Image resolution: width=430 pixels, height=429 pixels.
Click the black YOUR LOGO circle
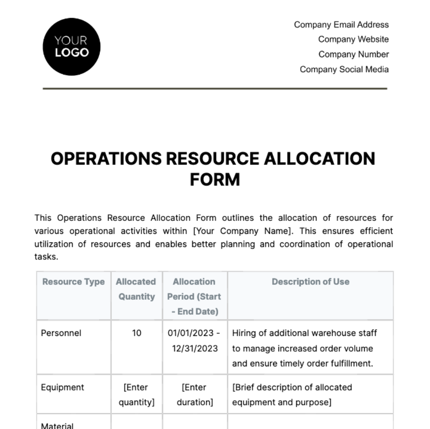coord(71,47)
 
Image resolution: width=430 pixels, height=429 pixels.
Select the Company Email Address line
coord(341,25)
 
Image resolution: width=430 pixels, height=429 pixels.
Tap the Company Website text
coord(353,39)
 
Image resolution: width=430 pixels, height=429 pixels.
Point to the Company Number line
coord(353,54)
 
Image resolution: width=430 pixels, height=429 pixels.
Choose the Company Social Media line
coord(344,69)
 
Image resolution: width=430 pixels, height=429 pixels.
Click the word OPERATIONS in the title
coord(106,159)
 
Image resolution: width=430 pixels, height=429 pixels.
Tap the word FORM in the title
coord(215,180)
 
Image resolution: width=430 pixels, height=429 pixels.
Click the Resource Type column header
coord(73,282)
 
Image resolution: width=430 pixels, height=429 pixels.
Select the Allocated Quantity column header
coord(136,289)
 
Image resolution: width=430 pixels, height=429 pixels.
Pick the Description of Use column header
coord(310,282)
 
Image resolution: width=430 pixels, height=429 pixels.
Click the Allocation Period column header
coord(194,297)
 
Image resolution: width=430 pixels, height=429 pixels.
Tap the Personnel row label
coord(61,333)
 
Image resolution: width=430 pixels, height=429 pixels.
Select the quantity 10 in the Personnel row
coord(137,333)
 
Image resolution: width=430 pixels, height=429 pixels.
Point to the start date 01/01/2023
coord(191,333)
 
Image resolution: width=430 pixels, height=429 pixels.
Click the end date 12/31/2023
coord(195,348)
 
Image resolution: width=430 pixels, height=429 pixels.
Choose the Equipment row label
coord(62,387)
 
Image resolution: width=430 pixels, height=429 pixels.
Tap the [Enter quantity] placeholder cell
coord(136,395)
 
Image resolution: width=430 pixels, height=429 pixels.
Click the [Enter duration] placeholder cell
coord(195,395)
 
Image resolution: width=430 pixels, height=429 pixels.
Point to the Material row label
coord(57,425)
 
